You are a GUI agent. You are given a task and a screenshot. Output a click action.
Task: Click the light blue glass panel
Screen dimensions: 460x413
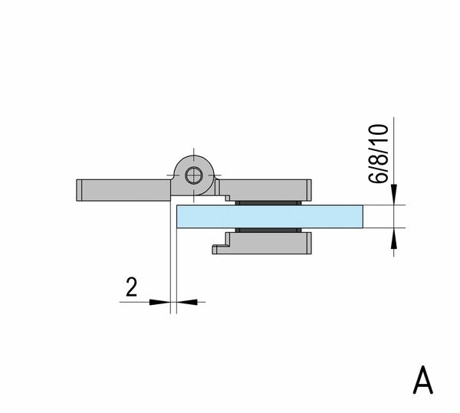click(x=270, y=216)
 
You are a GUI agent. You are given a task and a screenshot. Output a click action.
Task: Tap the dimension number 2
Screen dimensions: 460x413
click(x=131, y=287)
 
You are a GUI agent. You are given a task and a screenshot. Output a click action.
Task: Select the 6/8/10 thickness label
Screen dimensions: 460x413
click(x=379, y=154)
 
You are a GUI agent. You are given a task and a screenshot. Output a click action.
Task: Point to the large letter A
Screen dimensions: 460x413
click(x=422, y=380)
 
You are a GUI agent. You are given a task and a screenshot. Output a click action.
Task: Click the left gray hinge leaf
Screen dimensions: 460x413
click(x=123, y=190)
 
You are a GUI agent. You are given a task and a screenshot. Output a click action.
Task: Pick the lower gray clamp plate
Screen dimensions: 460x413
click(x=262, y=243)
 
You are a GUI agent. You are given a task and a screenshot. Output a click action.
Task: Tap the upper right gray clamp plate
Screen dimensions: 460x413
click(x=265, y=190)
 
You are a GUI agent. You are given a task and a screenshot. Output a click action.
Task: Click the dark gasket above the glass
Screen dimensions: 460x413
click(x=268, y=203)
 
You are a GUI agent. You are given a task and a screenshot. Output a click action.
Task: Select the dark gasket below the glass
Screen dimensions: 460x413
click(x=268, y=230)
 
